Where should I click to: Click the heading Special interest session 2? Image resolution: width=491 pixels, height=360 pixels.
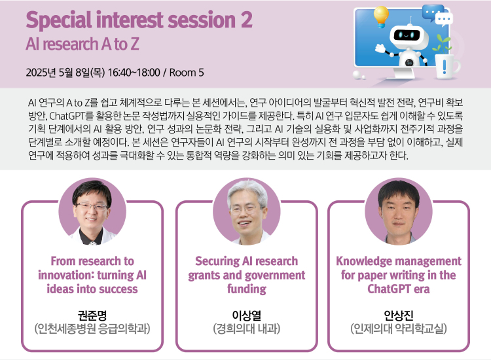click(x=139, y=20)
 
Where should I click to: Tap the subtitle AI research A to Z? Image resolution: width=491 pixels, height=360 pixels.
click(x=82, y=44)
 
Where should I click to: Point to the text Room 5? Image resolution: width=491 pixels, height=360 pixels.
click(x=187, y=73)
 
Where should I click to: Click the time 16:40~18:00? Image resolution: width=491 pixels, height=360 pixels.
click(x=134, y=73)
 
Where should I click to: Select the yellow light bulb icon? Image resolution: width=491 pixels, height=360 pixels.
click(x=381, y=16)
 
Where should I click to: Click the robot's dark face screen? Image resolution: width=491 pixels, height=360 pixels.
click(x=407, y=35)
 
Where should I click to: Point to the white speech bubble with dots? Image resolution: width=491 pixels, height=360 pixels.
click(x=444, y=18)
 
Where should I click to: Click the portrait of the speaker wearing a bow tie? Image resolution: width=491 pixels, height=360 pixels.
click(x=92, y=211)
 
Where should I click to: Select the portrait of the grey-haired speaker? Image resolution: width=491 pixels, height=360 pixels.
click(x=246, y=211)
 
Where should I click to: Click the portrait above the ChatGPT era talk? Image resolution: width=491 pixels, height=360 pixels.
click(x=399, y=211)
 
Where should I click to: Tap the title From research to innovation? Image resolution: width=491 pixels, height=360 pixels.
click(x=92, y=275)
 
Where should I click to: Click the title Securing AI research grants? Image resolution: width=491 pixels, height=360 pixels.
click(x=246, y=275)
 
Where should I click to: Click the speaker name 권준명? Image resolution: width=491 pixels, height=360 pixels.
click(x=92, y=315)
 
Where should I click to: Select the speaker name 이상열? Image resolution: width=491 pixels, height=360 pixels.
click(x=246, y=315)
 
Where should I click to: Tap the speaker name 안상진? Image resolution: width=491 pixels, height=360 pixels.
click(x=399, y=315)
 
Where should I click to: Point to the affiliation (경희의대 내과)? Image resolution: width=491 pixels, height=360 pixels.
click(x=246, y=329)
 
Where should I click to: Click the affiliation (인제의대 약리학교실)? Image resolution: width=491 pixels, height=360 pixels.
click(x=399, y=329)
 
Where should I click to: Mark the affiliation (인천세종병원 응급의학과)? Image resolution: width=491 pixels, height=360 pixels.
click(x=92, y=329)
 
